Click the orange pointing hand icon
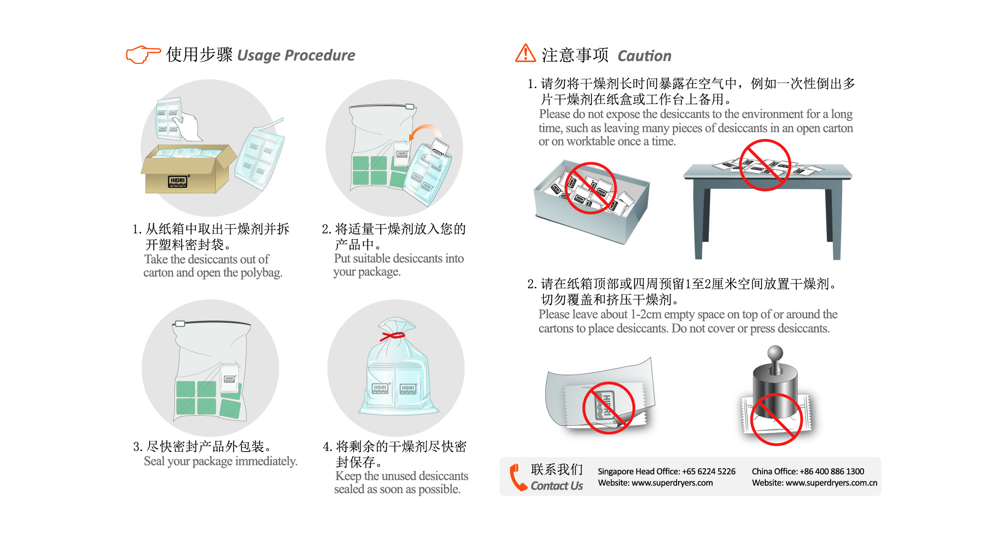(143, 55)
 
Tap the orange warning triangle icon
(525, 53)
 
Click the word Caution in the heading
(645, 56)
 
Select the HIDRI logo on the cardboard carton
(178, 181)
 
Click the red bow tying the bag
(393, 336)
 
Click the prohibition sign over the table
(765, 165)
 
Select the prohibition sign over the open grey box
(590, 188)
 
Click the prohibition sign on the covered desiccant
(608, 408)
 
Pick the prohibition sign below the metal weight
(776, 419)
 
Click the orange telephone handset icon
(518, 477)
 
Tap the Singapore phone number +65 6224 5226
(709, 472)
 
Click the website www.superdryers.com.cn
(831, 483)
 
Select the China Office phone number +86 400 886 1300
(832, 472)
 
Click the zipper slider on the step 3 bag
(180, 324)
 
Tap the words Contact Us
(557, 486)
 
